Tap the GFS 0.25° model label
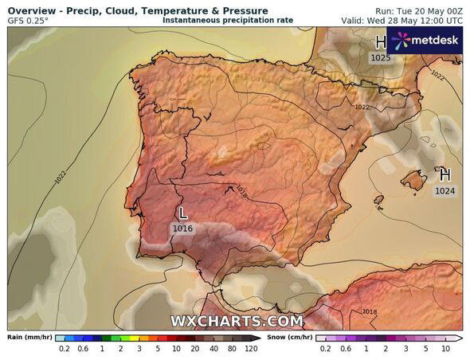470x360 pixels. coord(28,21)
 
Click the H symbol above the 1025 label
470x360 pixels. coord(381,41)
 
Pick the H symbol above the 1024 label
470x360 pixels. coord(445,174)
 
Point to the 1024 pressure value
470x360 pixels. coord(445,191)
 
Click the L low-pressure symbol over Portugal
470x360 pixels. coord(183,213)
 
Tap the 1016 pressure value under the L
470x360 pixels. coord(182,229)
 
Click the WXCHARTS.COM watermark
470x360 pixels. coord(237,321)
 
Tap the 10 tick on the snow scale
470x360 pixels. coord(445,349)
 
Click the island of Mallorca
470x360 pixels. coord(413,181)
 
